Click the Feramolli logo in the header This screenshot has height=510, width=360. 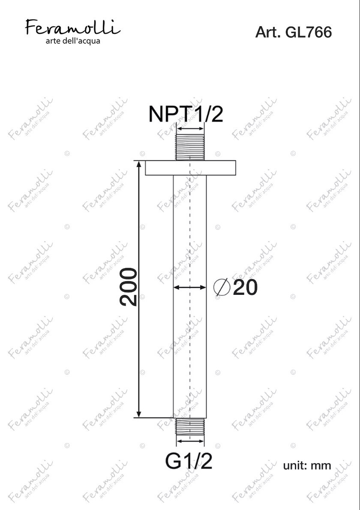pyautogui.click(x=73, y=27)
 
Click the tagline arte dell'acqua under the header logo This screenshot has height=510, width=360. pyautogui.click(x=73, y=41)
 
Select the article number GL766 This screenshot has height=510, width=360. pyautogui.click(x=308, y=32)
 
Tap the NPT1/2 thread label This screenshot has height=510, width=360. pyautogui.click(x=186, y=114)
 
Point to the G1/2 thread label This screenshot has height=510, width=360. pyautogui.click(x=189, y=461)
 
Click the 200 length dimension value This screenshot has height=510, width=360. pyautogui.click(x=129, y=287)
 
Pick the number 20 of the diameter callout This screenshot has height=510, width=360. pyautogui.click(x=245, y=288)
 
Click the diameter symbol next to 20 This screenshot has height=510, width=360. pyautogui.click(x=222, y=288)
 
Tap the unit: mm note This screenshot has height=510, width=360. pyautogui.click(x=307, y=465)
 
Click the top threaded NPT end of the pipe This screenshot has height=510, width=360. pyautogui.click(x=190, y=147)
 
